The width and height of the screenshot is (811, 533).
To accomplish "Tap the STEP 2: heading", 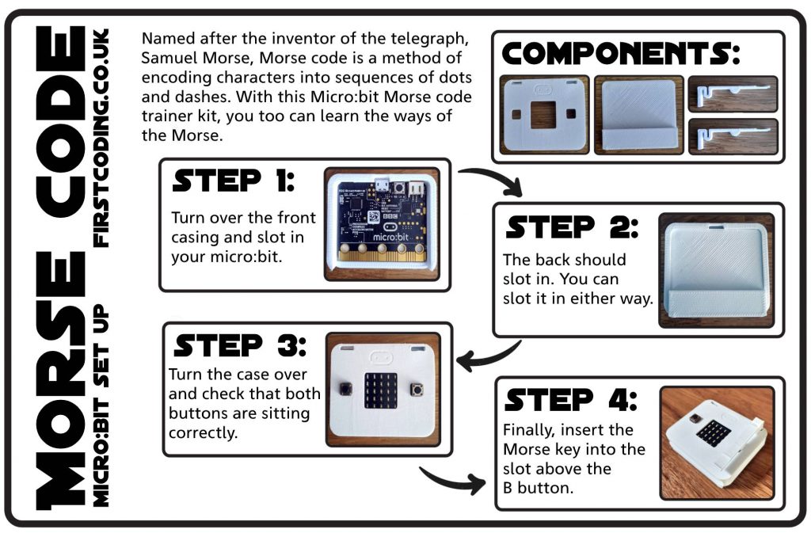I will [571, 228].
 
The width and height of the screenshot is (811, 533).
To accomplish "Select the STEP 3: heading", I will [238, 345].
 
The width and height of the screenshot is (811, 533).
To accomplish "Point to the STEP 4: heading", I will [569, 400].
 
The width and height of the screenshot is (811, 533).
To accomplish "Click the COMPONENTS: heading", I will [621, 54].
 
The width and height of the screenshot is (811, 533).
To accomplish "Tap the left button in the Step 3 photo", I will [346, 389].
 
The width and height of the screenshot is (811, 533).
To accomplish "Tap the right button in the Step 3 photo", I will [417, 389].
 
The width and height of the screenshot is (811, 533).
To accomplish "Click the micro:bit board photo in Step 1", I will [382, 224].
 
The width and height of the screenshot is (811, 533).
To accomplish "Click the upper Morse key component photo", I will [733, 93].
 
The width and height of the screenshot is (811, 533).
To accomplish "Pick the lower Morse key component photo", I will [733, 135].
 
